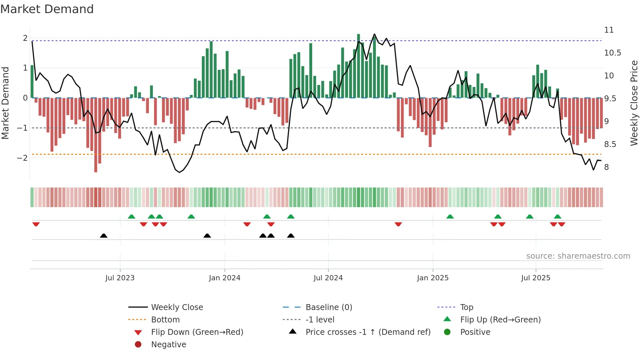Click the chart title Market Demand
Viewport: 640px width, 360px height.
47,9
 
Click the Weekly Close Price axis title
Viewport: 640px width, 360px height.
634,103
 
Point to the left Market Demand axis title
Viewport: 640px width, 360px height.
5,103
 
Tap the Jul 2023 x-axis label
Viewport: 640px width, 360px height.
120,278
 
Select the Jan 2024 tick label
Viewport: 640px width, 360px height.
225,278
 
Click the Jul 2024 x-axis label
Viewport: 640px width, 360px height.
328,278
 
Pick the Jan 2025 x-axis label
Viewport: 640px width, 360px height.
433,278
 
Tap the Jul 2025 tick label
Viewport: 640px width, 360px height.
536,278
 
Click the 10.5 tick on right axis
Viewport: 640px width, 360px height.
612,53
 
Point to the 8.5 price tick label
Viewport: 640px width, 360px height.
610,144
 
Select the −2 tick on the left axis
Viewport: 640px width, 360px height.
23,158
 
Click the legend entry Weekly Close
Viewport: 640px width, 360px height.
177,307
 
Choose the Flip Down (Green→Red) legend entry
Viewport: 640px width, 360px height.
197,332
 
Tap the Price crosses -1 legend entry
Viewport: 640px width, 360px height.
368,332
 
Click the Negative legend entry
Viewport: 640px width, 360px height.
168,345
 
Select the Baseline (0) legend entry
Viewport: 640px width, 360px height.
328,307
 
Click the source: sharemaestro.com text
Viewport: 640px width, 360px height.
578,256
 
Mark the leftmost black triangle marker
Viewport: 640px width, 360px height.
104,236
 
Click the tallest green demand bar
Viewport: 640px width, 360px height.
359,65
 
